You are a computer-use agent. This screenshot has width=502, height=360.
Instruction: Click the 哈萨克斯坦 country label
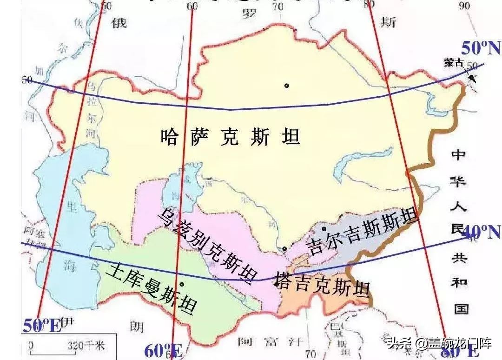coord(230,137)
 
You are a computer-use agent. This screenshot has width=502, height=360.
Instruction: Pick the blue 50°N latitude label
coord(481,48)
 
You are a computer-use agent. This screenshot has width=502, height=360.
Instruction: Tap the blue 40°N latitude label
coord(482,232)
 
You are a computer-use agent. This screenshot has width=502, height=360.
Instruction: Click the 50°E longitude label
coord(42,326)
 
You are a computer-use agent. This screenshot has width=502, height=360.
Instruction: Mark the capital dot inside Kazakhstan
coord(287,86)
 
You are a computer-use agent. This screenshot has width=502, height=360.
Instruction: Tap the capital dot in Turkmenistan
coord(182,284)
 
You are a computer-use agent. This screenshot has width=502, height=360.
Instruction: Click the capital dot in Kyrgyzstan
coord(324,229)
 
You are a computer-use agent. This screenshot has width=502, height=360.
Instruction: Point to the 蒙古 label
coord(453,63)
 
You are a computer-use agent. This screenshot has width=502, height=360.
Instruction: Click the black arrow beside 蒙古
coord(471,77)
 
